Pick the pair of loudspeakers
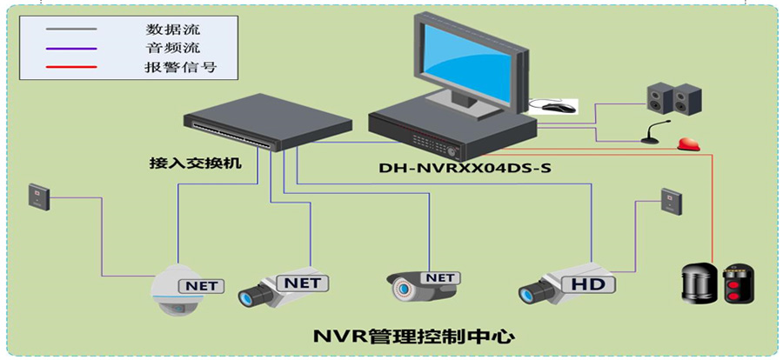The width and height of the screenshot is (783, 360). point(673,97)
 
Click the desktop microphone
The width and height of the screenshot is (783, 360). point(652,134)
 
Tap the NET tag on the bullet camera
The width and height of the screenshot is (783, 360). point(441,277)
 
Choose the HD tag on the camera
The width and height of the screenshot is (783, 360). point(588,284)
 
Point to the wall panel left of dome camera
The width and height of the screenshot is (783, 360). point(37,197)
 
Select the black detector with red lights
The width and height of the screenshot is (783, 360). point(738,281)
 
